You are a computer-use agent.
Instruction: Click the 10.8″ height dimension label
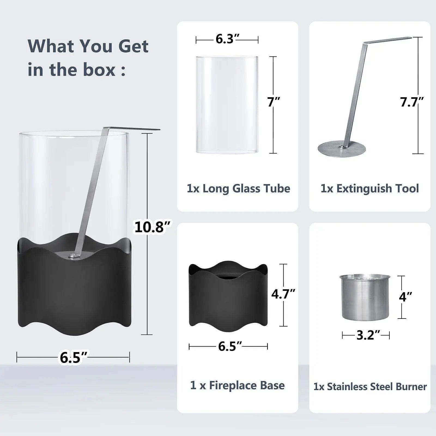(x=153, y=227)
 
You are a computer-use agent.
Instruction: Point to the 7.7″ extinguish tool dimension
(x=412, y=102)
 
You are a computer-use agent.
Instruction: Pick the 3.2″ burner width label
(x=366, y=335)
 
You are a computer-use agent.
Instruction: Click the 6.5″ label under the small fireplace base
(x=230, y=346)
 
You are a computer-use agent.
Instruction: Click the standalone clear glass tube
(x=227, y=104)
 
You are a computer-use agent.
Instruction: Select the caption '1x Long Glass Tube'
(x=238, y=189)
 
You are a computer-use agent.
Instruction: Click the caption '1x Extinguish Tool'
(x=370, y=189)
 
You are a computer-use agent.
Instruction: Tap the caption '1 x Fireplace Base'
(x=237, y=385)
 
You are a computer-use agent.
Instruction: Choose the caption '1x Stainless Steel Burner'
(x=370, y=387)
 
